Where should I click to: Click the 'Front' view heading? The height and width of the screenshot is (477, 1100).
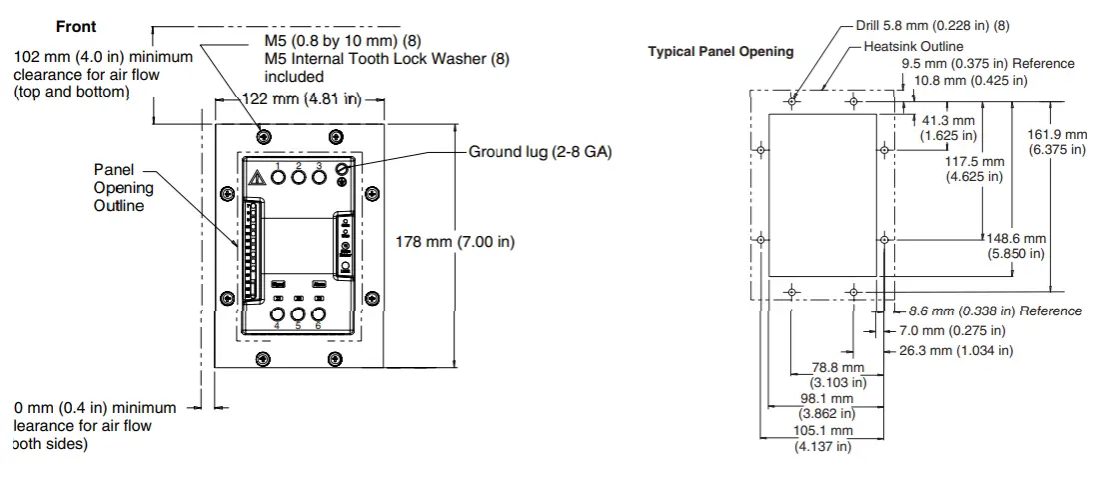pos(76,27)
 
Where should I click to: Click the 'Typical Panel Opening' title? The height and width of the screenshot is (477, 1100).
pos(720,52)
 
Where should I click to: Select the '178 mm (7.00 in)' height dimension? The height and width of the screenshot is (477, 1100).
pos(456,242)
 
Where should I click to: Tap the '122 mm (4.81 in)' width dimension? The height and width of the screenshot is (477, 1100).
pos(303,99)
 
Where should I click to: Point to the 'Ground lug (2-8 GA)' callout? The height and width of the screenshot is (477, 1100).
pos(540,152)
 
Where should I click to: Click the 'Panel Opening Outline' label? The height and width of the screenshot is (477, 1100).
pos(124,188)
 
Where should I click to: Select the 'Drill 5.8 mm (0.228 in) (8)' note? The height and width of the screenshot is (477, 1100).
pos(932,26)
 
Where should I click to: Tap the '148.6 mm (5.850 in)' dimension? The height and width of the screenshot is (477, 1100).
pos(1017,246)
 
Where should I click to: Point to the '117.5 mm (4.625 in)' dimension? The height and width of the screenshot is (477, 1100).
pos(974,168)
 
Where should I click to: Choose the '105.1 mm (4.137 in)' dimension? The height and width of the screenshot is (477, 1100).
pos(823,438)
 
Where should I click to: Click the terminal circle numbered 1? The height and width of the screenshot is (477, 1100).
pos(278,177)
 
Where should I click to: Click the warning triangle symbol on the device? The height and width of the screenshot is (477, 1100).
pos(257,178)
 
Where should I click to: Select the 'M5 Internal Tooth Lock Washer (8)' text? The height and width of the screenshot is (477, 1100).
pos(386,59)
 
